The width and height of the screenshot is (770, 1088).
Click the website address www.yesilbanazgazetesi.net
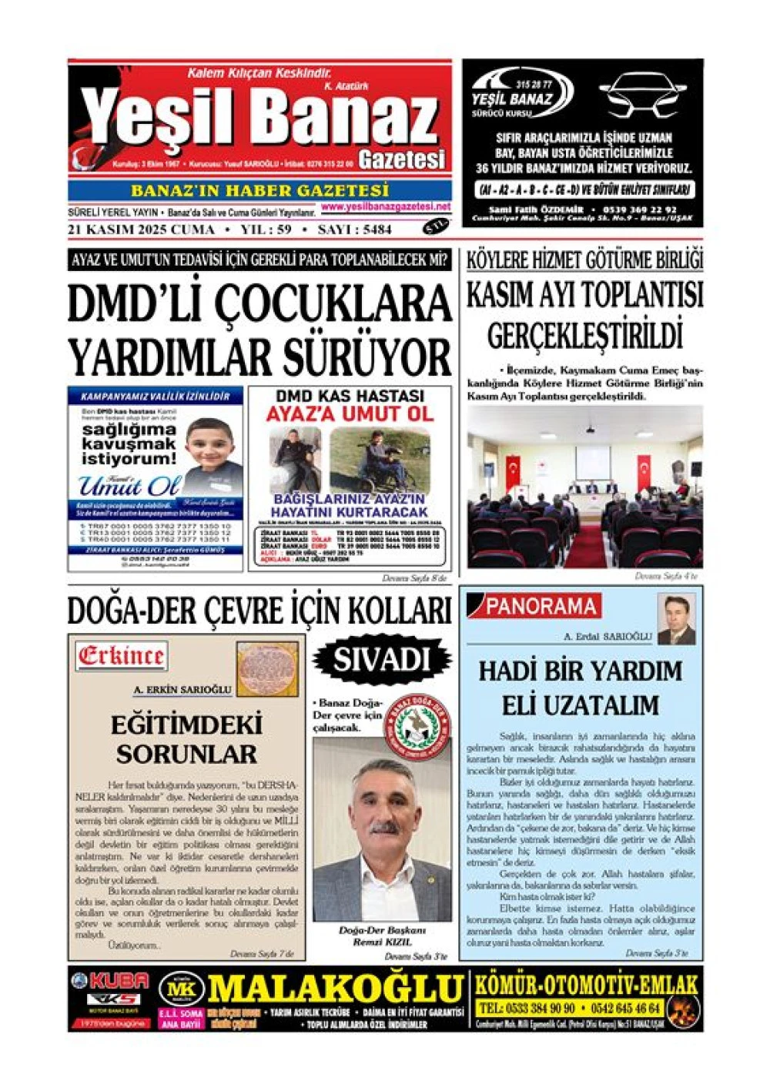386,207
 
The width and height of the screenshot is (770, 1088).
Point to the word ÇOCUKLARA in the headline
332,303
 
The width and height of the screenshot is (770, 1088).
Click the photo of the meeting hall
584,487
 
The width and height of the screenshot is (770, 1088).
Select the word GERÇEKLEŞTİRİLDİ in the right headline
585,336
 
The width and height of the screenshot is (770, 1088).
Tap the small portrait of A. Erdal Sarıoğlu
676,620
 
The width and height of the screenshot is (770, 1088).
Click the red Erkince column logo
121,656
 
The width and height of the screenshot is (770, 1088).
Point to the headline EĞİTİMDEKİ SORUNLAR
186,738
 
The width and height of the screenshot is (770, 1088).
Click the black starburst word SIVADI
380,659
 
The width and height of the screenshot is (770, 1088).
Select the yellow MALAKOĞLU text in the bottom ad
335,989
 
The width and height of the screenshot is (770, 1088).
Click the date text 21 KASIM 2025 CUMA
141,229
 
